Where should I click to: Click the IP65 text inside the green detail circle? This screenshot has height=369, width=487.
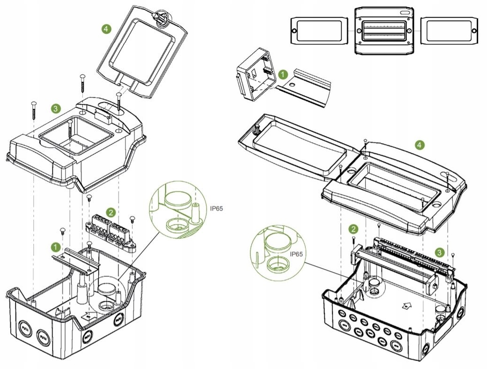pyautogui.click(x=296, y=254)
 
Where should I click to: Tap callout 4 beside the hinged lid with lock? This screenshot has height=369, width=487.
pyautogui.click(x=106, y=29)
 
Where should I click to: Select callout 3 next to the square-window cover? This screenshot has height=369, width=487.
pyautogui.click(x=56, y=109)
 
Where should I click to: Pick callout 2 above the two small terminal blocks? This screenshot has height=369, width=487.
pyautogui.click(x=110, y=212)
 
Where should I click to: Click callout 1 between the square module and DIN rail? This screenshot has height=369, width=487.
pyautogui.click(x=283, y=74)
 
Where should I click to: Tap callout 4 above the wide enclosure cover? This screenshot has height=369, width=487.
pyautogui.click(x=420, y=145)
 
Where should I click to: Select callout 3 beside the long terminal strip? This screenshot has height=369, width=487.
pyautogui.click(x=439, y=252)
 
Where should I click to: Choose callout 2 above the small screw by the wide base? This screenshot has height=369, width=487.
pyautogui.click(x=353, y=229)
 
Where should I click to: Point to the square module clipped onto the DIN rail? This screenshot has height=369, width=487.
pyautogui.click(x=254, y=75)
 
